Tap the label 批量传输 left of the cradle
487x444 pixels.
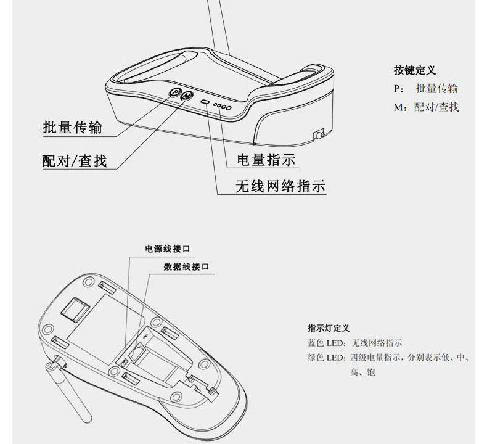click(x=72, y=128)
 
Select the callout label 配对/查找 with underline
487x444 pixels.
click(x=74, y=161)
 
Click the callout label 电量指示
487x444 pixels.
click(x=266, y=160)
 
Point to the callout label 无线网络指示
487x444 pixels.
click(x=280, y=186)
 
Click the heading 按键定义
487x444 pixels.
click(x=414, y=70)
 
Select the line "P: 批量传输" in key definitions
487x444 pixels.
click(x=426, y=89)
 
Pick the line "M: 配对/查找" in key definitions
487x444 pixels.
click(x=427, y=107)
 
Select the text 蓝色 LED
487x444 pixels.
click(x=325, y=343)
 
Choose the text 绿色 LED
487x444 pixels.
click(x=325, y=358)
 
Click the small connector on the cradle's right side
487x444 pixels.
click(x=319, y=134)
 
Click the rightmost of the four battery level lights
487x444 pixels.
click(x=228, y=109)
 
